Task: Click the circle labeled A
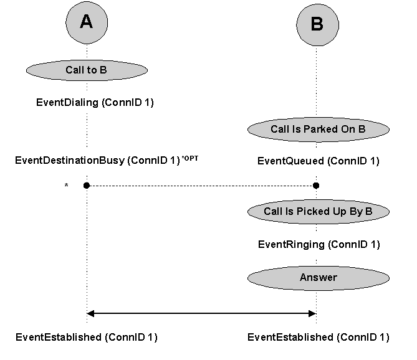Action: [87, 22]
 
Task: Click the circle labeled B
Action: [317, 25]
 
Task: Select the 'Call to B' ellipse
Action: [87, 70]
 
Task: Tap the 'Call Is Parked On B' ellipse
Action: [318, 130]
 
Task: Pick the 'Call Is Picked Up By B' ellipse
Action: [318, 212]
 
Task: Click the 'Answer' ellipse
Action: [318, 277]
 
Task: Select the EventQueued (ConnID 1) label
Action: [318, 161]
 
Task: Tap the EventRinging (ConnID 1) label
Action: [319, 245]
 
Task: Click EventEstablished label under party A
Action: [86, 338]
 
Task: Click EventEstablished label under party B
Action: [318, 338]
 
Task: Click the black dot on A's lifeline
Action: [87, 186]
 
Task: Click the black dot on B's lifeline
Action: [317, 186]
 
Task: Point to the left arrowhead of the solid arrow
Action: [90, 313]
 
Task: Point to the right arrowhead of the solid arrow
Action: [314, 313]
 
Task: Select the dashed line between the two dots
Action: [201, 186]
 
